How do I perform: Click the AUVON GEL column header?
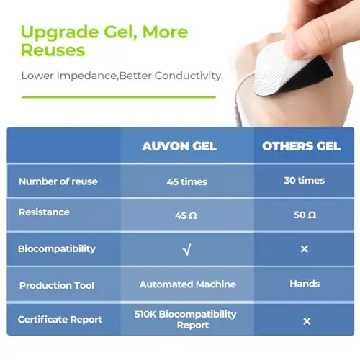coord(179,146)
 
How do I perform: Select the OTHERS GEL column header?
coord(301,146)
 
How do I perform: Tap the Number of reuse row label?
coord(58,181)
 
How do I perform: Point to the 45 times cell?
coord(187,181)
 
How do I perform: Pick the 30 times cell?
coord(305,181)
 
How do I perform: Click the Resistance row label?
coord(44,212)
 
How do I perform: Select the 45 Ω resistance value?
coord(186,215)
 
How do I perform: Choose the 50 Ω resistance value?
coord(305,215)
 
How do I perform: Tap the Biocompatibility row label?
coord(57,249)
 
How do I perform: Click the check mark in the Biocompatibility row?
coord(187,249)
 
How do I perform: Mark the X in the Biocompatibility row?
coord(305,249)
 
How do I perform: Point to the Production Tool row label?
coord(57,285)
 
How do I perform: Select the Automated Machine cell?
coord(188,284)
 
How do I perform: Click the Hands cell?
coord(305,284)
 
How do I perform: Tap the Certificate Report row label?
coord(60,320)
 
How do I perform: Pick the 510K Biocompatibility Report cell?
coord(186,320)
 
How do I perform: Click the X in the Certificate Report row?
coord(307,321)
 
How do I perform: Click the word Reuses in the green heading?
coord(53,50)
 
